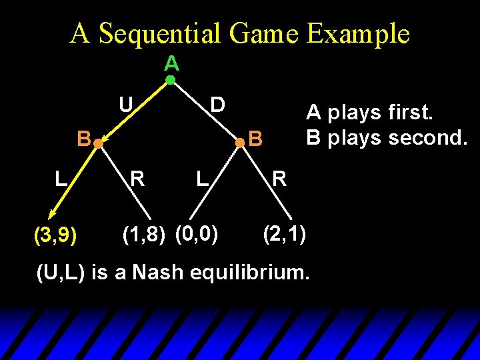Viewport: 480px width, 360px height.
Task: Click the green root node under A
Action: point(170,80)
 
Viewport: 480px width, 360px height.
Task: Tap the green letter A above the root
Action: point(171,63)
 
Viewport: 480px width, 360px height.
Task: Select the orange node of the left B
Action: point(97,143)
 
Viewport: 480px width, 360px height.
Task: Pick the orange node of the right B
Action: point(240,143)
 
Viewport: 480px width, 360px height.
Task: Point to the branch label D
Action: point(217,105)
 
